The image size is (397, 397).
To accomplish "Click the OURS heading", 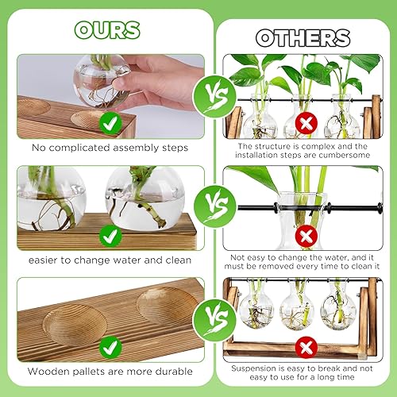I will pos(107,29).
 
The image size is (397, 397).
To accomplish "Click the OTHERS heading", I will pos(302,38).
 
